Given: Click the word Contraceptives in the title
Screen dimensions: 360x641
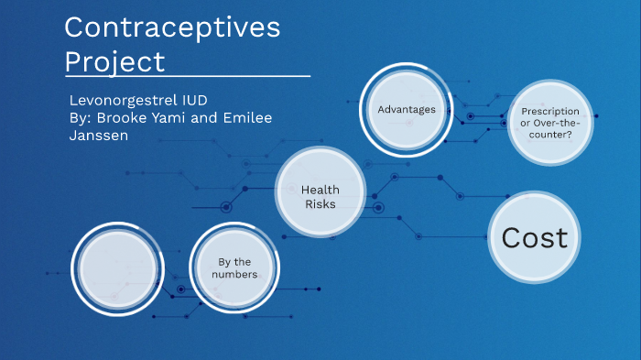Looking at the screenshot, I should coord(172,28).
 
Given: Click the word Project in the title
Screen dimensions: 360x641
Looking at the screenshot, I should coord(114,61).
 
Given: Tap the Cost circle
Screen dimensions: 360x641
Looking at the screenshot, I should coord(535,238).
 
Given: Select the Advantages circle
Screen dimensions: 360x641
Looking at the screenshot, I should coord(406,110).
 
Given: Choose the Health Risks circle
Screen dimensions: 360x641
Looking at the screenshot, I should coord(320,196).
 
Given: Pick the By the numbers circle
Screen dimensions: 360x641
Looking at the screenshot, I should coord(234,267).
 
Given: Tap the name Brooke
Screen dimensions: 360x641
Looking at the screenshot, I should coord(128,118).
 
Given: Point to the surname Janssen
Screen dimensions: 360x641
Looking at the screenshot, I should coord(99,136).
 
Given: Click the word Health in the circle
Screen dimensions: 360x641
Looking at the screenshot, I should coord(320,190).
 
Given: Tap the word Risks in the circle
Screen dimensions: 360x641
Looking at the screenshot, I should coord(320,203).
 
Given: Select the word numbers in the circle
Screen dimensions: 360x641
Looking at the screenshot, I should coord(234,275).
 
